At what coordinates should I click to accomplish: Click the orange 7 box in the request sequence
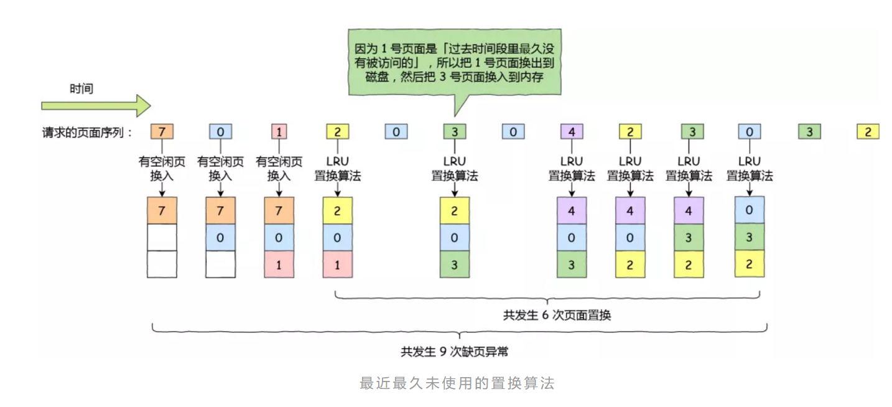(x=162, y=131)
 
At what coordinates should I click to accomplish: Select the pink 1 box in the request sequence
(x=279, y=131)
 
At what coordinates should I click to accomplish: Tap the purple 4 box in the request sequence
(x=572, y=131)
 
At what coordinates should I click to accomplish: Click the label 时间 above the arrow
(x=81, y=88)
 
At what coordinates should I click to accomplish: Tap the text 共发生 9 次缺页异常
(x=454, y=352)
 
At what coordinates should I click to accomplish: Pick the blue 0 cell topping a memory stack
(x=749, y=210)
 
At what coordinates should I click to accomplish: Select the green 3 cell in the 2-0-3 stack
(x=455, y=264)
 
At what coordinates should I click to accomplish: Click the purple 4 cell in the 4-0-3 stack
(x=572, y=210)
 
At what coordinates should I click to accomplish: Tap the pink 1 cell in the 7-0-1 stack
(x=279, y=264)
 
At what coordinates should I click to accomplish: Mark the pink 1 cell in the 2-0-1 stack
(x=338, y=264)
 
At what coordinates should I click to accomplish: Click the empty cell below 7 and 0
(x=221, y=264)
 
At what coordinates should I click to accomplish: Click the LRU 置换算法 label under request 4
(x=572, y=169)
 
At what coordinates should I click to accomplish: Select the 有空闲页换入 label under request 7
(x=162, y=169)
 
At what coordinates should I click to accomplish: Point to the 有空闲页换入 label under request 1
(x=279, y=169)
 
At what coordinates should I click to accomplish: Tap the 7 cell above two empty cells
(x=162, y=210)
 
